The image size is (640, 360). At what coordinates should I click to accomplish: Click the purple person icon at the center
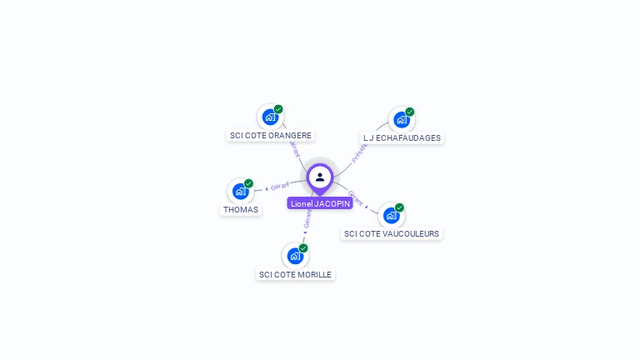click(320, 177)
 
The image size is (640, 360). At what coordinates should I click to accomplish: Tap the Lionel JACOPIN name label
click(320, 203)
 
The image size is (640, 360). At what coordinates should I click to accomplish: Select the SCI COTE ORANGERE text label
click(271, 136)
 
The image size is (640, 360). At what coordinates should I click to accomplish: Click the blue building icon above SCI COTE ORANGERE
click(269, 117)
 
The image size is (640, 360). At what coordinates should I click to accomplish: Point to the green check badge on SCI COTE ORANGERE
click(278, 109)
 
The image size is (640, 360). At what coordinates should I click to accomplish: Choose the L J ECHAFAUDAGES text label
click(402, 138)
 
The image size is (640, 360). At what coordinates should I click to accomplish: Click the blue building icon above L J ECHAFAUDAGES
click(401, 120)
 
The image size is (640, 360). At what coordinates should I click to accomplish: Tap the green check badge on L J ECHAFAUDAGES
click(410, 112)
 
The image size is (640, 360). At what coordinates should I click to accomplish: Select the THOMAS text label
click(241, 210)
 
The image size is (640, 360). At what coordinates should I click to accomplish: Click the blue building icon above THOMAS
click(240, 192)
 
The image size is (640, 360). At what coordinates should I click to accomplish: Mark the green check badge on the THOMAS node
click(248, 183)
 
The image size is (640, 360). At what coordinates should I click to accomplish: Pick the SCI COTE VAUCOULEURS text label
click(392, 234)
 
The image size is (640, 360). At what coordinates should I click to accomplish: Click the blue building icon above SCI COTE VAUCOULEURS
click(391, 216)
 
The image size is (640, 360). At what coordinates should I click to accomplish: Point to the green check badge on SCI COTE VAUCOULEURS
click(399, 207)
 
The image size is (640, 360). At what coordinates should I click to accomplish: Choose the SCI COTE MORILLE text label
click(295, 275)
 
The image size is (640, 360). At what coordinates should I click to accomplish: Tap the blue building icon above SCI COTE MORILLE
click(294, 257)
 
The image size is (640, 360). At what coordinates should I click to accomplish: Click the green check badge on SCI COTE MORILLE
click(303, 248)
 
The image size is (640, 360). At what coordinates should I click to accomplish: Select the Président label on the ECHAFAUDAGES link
click(359, 152)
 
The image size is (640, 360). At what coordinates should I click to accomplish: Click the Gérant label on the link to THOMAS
click(280, 186)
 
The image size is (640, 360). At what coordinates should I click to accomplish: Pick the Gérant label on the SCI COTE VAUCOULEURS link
click(356, 197)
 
